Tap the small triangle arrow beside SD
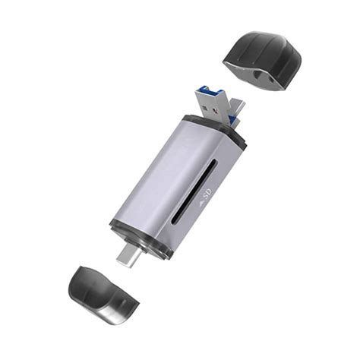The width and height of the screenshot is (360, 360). pyautogui.click(x=201, y=203)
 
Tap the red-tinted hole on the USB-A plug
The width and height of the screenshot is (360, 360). pyautogui.click(x=216, y=111)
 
